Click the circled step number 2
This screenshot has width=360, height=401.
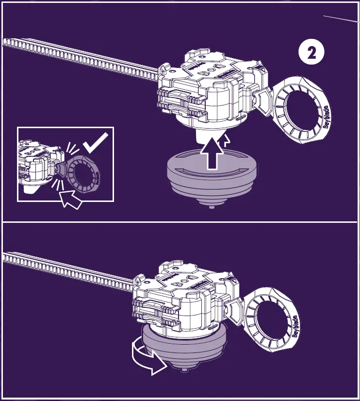click(311, 53)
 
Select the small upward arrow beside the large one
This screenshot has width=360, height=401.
click(225, 141)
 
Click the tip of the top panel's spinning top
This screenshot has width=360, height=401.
click(212, 206)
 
